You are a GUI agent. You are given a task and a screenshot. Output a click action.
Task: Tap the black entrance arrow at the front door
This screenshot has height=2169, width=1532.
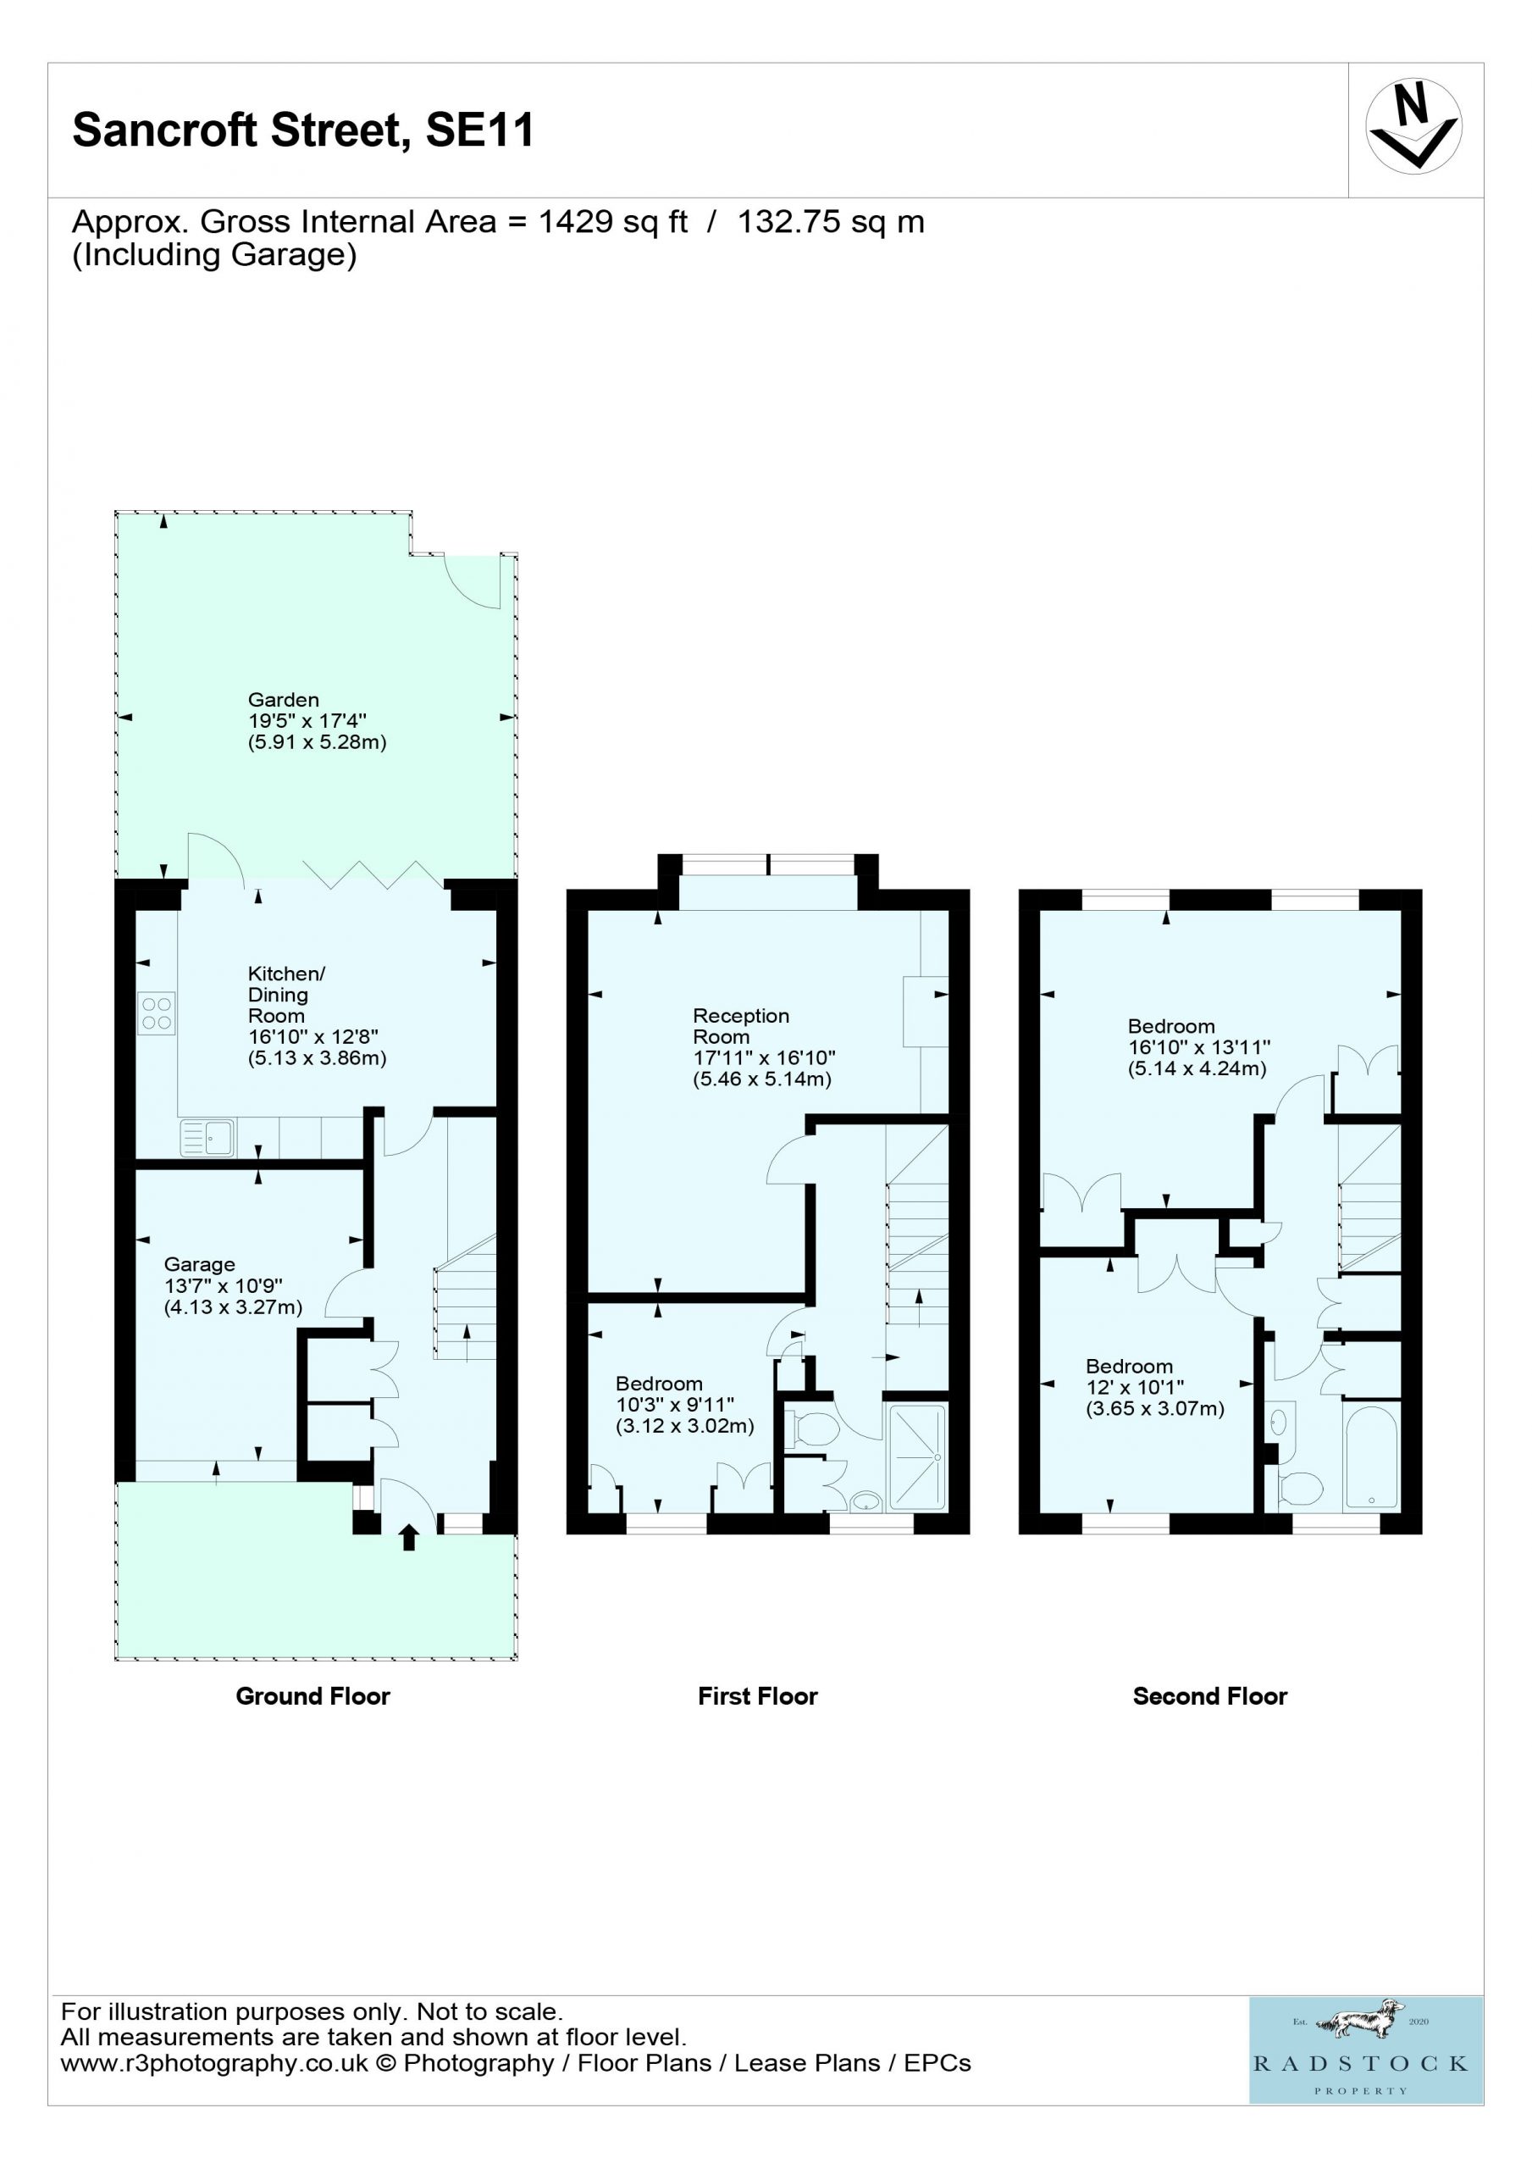coord(408,1537)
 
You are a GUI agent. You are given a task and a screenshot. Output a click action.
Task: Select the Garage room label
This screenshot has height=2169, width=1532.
coord(199,1264)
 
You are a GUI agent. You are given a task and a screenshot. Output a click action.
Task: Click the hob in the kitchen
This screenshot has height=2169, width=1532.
coord(157,1013)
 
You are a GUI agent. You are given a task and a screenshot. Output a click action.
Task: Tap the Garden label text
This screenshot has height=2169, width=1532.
coord(284,700)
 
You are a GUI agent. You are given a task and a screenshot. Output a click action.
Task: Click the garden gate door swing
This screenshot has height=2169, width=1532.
coord(473,582)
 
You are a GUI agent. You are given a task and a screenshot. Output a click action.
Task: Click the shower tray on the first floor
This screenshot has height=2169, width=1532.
coord(916,1456)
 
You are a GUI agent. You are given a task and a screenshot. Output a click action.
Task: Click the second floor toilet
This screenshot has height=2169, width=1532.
coord(1301,1489)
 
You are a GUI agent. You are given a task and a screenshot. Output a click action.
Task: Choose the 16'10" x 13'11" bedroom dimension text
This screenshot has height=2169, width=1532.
coord(1199,1046)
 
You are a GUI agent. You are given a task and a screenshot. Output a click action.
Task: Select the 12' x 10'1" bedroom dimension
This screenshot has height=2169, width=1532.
coord(1134,1387)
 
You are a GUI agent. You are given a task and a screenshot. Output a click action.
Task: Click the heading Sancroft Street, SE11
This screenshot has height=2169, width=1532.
coord(303,130)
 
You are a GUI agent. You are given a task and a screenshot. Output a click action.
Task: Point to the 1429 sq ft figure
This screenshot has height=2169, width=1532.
coord(613,222)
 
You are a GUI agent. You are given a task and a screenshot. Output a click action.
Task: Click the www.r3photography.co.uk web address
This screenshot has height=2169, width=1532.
coord(214,2063)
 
